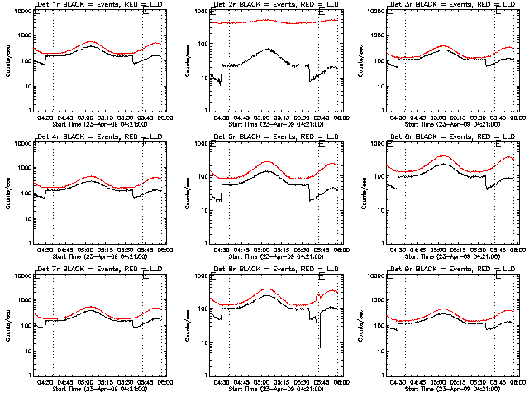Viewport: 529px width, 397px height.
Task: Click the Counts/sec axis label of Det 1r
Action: tap(7, 61)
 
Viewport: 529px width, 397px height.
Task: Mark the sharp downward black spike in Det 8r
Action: tap(319, 347)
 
